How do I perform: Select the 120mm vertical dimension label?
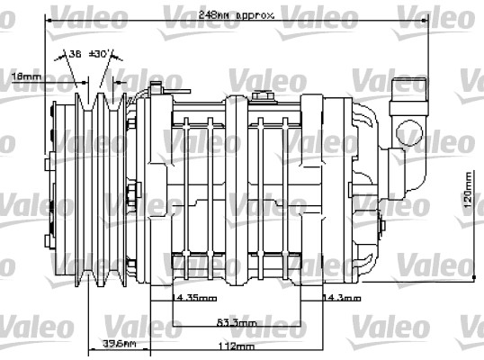coord(468,208)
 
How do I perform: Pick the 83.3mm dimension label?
coord(237,321)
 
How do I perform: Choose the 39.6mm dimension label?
coord(119,344)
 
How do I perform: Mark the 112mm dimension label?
coord(237,345)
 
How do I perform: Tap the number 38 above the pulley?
coord(75,55)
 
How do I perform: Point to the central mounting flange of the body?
coord(236,189)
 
